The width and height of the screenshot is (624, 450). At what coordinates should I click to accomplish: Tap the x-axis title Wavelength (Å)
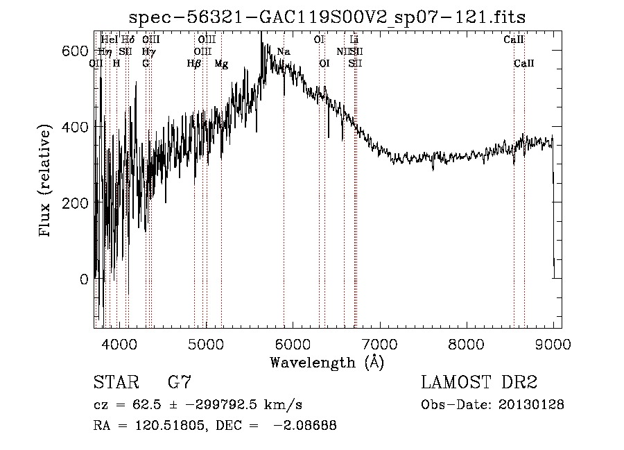tap(327, 362)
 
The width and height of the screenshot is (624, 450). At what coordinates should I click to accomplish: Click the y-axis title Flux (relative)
tap(46, 182)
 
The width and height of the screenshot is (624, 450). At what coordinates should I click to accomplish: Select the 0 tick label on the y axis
tap(85, 279)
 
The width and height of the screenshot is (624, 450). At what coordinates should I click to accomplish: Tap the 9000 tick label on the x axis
tap(553, 343)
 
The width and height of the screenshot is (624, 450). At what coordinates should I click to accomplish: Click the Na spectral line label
tap(283, 52)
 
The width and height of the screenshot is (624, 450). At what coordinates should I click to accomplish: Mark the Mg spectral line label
tap(221, 64)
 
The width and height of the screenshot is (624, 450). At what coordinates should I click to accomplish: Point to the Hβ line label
tap(194, 64)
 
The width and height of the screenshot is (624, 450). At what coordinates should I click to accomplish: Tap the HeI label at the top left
tap(109, 40)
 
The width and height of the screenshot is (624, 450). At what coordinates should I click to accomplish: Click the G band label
tap(146, 64)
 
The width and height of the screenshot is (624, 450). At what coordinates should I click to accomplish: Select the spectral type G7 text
tap(179, 382)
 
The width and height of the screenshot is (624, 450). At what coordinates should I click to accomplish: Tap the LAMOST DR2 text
tap(479, 382)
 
